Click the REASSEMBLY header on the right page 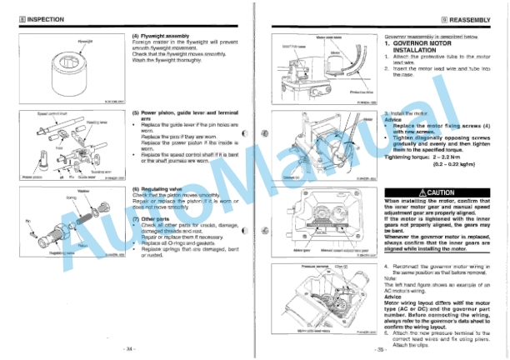click(471, 17)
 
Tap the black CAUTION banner click(442, 192)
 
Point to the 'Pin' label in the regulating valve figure click(27, 222)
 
